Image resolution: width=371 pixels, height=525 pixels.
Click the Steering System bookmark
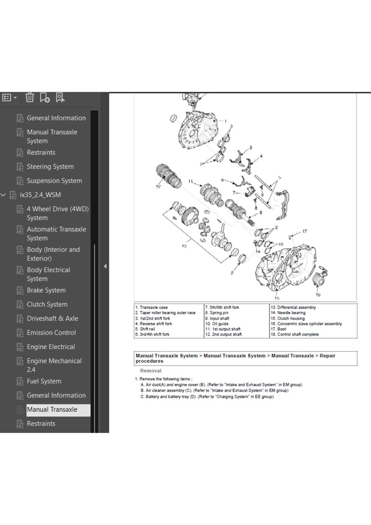(x=50, y=166)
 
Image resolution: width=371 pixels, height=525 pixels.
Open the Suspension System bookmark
(x=54, y=180)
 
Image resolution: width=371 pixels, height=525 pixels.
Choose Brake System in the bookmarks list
(x=46, y=290)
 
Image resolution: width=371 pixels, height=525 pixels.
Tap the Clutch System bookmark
(x=47, y=304)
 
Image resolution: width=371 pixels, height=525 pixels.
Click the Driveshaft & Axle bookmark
(x=52, y=318)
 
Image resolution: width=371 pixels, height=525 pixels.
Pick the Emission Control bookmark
(x=51, y=332)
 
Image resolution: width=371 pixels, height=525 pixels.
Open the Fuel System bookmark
(x=44, y=381)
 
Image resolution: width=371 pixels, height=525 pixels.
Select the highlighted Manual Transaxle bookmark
(x=52, y=410)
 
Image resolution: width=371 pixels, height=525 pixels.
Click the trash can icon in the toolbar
(x=30, y=97)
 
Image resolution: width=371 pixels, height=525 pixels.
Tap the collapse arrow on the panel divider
(x=105, y=266)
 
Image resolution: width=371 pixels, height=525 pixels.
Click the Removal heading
(x=151, y=371)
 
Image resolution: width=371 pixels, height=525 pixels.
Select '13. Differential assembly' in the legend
(x=293, y=308)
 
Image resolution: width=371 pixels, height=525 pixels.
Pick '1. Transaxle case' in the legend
(x=151, y=308)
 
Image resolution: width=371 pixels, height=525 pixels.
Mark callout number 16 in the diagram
(x=318, y=295)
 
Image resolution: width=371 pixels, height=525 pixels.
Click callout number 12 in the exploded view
(x=158, y=187)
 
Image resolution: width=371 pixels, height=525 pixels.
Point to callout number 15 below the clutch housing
(x=277, y=298)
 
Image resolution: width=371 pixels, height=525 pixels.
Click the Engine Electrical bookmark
(x=51, y=346)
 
